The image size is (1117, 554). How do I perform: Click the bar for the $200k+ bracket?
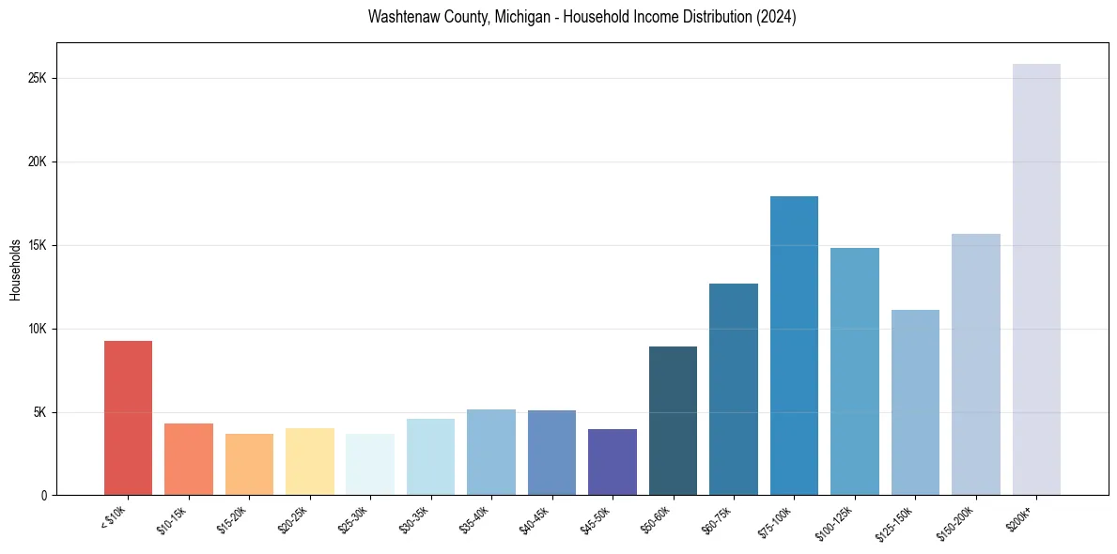pos(1036,279)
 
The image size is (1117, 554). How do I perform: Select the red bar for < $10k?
pos(128,418)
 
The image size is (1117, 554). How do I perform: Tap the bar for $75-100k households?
pos(794,346)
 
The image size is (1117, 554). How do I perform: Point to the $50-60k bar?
pos(673,421)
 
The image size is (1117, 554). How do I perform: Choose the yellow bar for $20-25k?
pos(309,461)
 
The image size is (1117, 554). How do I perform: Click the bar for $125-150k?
pos(915,402)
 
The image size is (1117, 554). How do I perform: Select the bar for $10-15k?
pos(188,459)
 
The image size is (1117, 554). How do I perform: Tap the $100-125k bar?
pos(855,371)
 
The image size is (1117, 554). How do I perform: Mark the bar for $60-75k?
pos(734,389)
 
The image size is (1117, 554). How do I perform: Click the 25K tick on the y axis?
pos(38,78)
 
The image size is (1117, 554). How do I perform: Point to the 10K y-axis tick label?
pos(38,329)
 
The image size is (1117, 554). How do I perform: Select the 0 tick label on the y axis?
pos(43,496)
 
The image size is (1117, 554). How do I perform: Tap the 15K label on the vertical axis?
pos(38,245)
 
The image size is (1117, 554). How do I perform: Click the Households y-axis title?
pos(15,269)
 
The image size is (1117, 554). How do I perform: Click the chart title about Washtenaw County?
pos(582,17)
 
